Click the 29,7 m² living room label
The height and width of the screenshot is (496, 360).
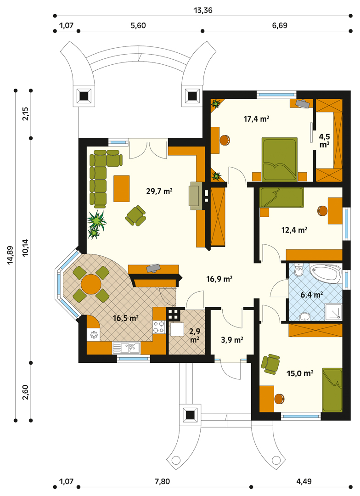pyautogui.click(x=159, y=191)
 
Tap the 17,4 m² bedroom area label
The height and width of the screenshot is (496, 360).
pyautogui.click(x=256, y=119)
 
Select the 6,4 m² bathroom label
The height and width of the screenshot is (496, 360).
pyautogui.click(x=312, y=295)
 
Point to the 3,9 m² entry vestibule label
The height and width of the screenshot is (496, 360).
pyautogui.click(x=232, y=340)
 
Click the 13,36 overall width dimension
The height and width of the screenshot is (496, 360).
pyautogui.click(x=203, y=11)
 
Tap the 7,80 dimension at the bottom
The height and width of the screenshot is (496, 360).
pyautogui.click(x=162, y=482)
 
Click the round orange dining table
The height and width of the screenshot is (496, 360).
pyautogui.click(x=91, y=284)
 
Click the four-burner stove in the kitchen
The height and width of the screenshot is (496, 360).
pyautogui.click(x=159, y=327)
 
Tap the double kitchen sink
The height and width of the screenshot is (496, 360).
pyautogui.click(x=126, y=348)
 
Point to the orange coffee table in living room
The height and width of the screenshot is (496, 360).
pyautogui.click(x=122, y=189)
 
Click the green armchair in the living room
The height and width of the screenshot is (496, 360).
pyautogui.click(x=135, y=215)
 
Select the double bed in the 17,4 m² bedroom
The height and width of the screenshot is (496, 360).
pyautogui.click(x=279, y=159)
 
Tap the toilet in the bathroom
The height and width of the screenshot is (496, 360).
pyautogui.click(x=298, y=270)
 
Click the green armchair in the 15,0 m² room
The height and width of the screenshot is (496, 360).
pyautogui.click(x=270, y=363)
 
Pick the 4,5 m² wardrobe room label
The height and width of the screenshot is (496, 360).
pyautogui.click(x=324, y=141)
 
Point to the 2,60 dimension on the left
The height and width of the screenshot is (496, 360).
pyautogui.click(x=26, y=392)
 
